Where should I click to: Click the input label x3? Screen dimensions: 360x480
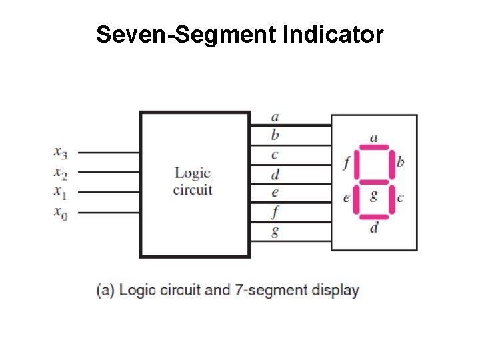(x=61, y=154)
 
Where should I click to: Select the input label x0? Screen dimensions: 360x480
(x=61, y=213)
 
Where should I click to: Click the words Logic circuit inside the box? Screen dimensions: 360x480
(x=193, y=181)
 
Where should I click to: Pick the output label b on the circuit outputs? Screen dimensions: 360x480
(x=275, y=135)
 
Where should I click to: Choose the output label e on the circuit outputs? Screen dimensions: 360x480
(x=275, y=193)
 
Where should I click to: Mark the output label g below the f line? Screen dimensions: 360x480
(x=275, y=232)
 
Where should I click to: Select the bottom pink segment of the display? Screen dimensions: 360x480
(x=373, y=217)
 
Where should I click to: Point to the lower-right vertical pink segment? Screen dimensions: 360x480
(x=391, y=199)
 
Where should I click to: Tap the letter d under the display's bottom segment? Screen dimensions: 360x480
(x=374, y=228)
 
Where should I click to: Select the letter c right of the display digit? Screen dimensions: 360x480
(x=400, y=198)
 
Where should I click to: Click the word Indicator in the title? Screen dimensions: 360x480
(x=333, y=35)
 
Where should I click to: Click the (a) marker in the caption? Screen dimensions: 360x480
(x=105, y=291)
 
